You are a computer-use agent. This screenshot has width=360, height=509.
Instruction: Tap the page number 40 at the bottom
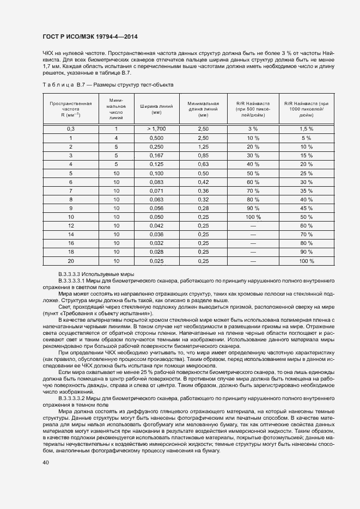[46, 463]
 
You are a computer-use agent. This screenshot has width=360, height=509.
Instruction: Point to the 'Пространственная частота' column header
[70, 109]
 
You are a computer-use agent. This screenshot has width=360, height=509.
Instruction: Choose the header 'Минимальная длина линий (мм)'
[203, 109]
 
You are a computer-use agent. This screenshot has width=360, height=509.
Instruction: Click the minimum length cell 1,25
[203, 147]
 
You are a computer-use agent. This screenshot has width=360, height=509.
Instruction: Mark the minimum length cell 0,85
[203, 156]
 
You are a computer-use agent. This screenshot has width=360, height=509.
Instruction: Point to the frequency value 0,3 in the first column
[70, 129]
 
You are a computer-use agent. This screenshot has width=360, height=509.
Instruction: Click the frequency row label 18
[70, 252]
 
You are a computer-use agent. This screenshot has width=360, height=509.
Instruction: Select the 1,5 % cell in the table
[306, 129]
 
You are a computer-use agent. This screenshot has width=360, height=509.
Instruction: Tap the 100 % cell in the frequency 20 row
[306, 261]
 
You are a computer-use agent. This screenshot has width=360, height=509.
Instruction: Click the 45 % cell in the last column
[306, 208]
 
